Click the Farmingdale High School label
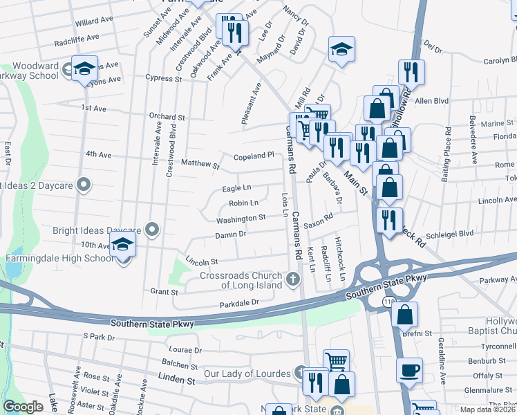point(59,259)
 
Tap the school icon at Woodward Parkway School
point(84,68)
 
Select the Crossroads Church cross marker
point(292,279)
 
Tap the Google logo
point(23,407)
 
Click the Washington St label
point(241,219)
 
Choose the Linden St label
point(178,380)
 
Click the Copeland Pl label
point(254,156)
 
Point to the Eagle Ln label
point(236,188)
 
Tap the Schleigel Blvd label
point(450,234)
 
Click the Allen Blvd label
point(432,101)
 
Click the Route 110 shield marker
point(388,302)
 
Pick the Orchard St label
point(167,118)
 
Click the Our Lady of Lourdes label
point(247,374)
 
